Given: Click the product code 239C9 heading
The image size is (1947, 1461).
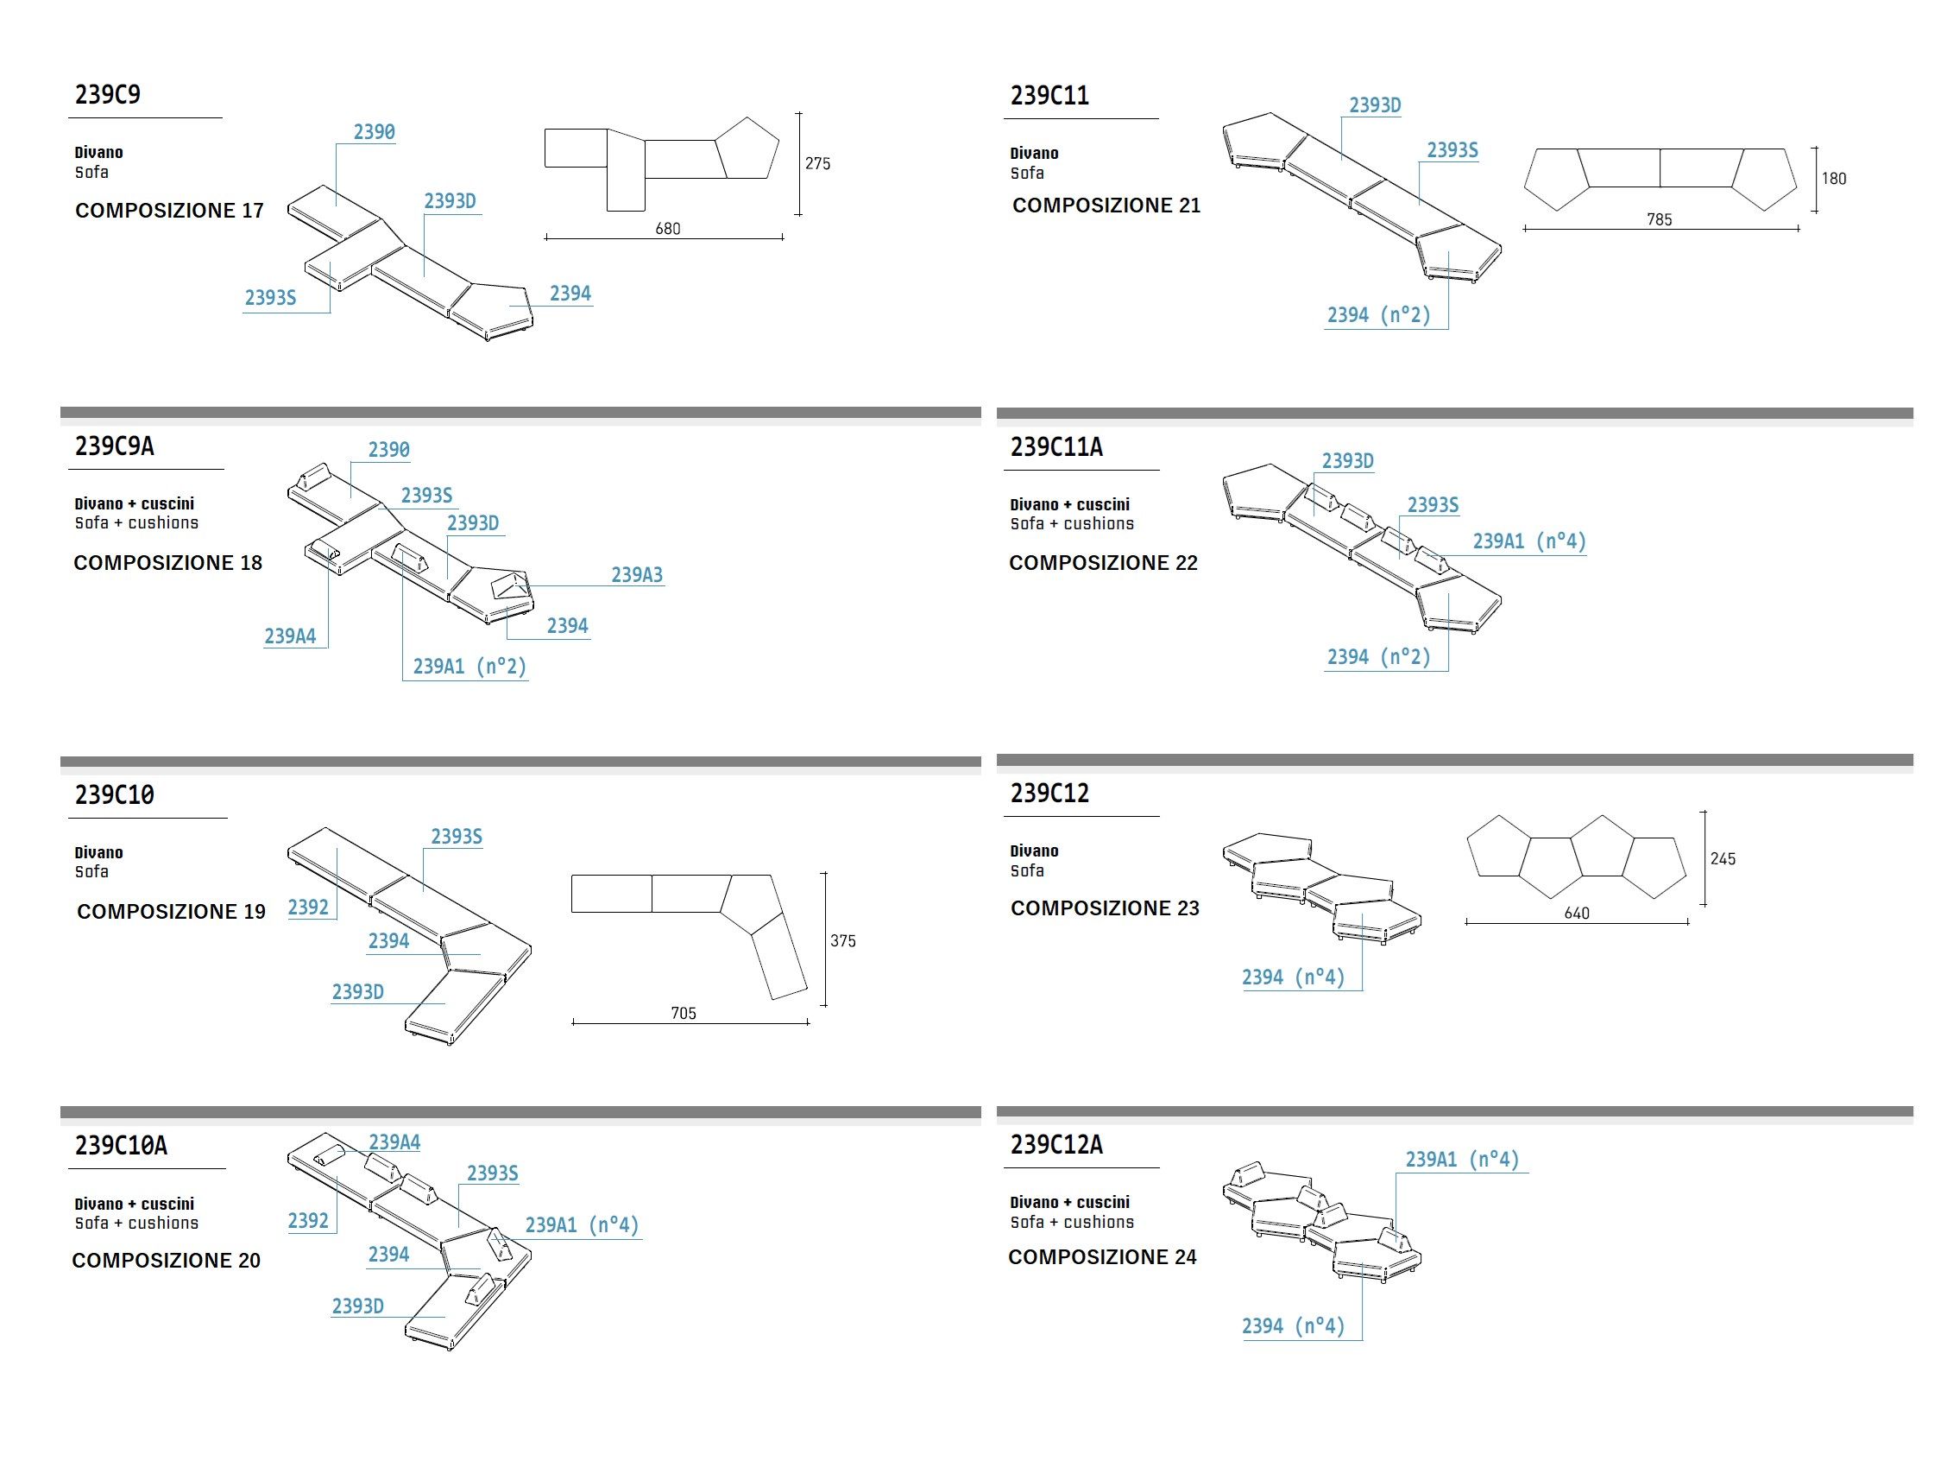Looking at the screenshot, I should coord(107,94).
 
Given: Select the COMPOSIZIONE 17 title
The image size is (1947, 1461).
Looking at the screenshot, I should coord(169,211).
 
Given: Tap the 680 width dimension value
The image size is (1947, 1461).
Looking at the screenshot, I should coord(667,229).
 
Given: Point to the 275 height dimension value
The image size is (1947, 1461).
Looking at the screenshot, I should coord(816,164).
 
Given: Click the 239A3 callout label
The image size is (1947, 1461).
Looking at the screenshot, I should coord(636,575).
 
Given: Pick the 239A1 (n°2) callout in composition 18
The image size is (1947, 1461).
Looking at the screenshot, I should coord(469,667).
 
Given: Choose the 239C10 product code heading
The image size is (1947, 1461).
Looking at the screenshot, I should coord(115,795).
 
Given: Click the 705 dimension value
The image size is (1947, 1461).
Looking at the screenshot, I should coord(683,1014).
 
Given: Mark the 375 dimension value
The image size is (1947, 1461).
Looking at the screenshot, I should coord(842,941).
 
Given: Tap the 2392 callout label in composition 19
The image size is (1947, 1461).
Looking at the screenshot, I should coord(308,907).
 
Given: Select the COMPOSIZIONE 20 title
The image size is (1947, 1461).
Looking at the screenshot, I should coord(167,1260).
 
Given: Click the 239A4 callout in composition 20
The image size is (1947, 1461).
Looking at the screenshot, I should coord(394,1142).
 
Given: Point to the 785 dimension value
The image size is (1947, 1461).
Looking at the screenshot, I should coord(1659,220).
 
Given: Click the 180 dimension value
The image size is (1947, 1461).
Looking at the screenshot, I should coord(1833,179).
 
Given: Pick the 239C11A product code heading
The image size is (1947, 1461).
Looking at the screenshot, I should coord(1055,447).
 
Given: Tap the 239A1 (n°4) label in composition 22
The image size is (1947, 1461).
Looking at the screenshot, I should coord(1529,541).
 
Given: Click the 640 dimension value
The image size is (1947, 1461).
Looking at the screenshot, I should coord(1577,914).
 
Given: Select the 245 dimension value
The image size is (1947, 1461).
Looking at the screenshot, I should coord(1723,858).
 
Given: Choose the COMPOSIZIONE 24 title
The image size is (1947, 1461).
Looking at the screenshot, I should coord(1102,1256).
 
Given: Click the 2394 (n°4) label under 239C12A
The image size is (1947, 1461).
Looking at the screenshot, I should coord(1293,1325).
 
